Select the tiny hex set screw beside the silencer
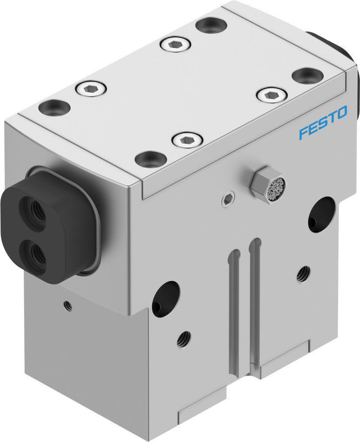227,200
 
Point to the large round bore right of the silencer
321,213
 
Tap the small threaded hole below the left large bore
184,339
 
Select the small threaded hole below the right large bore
303,274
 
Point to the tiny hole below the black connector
67,304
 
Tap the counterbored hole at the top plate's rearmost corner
211,25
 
